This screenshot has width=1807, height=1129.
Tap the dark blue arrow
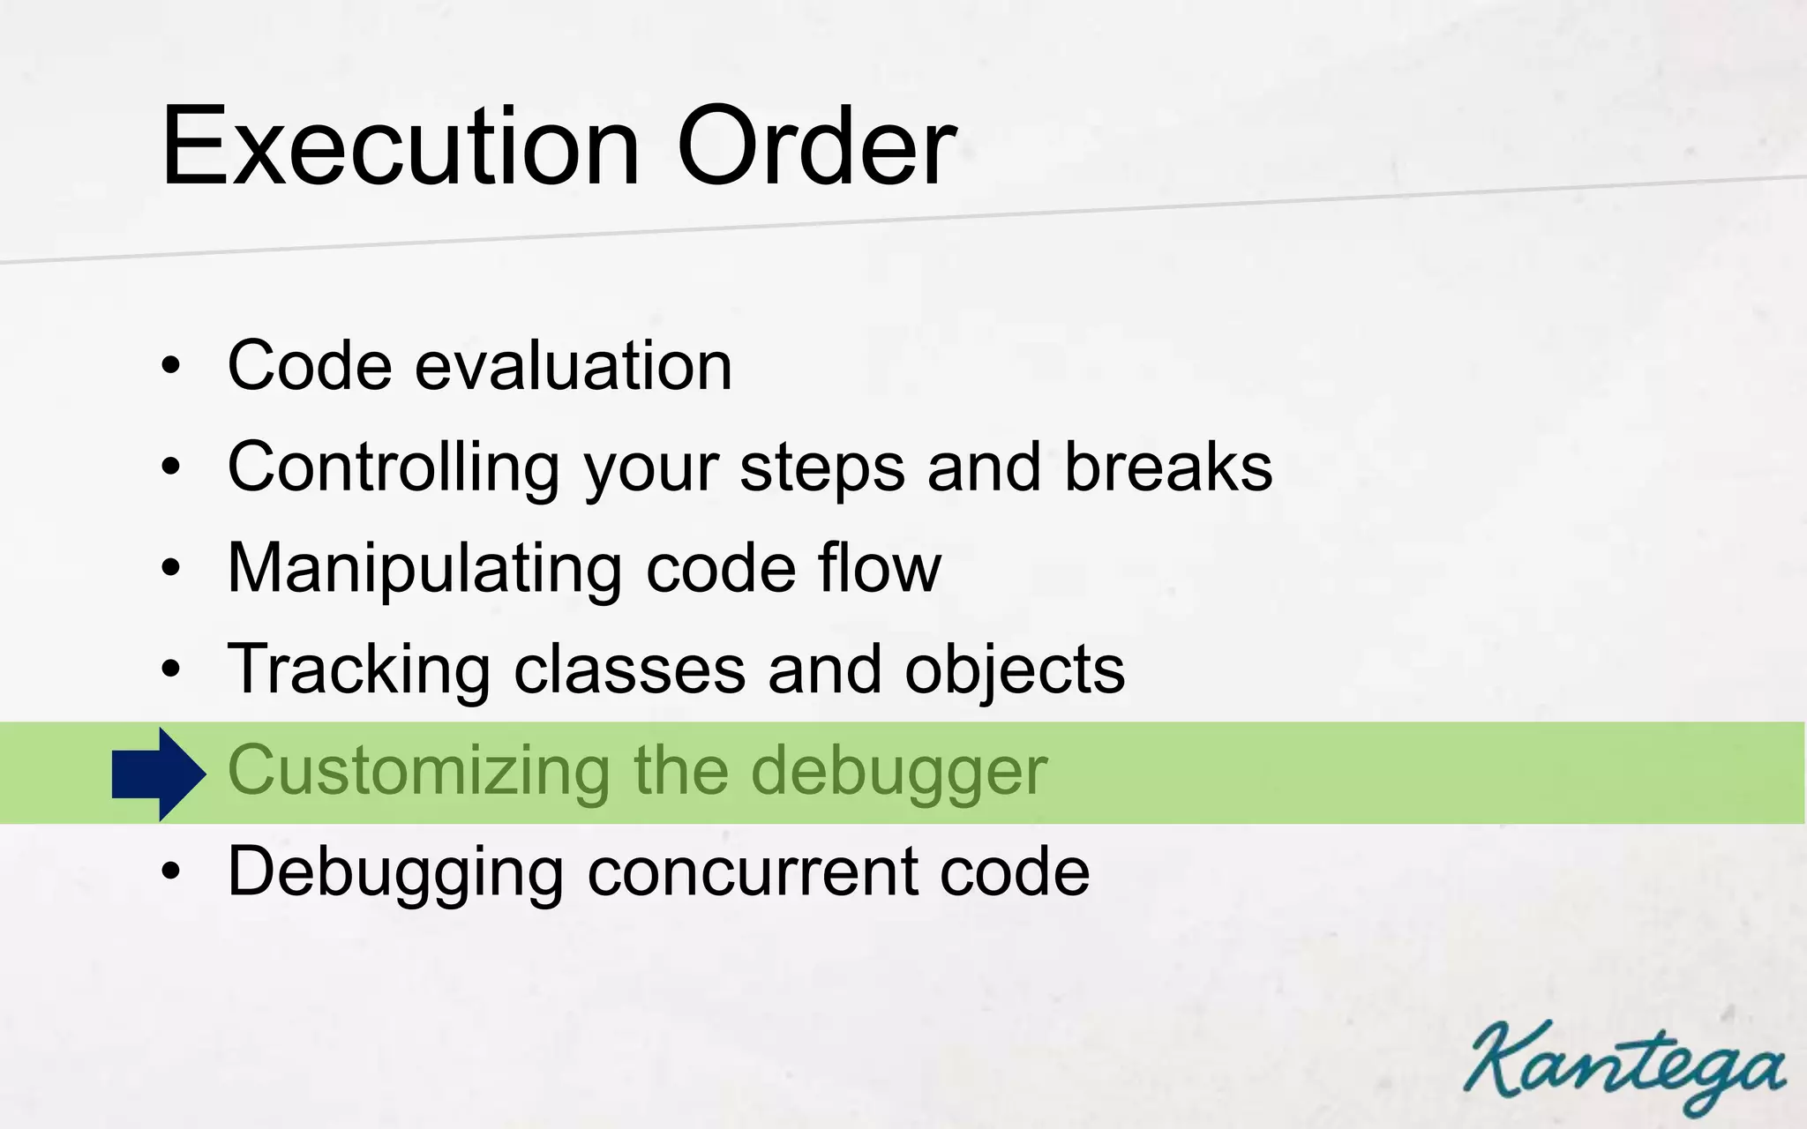tap(159, 774)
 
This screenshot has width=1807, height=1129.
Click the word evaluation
tap(574, 365)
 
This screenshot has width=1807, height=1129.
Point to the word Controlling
tap(394, 467)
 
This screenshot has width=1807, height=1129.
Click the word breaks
tap(1168, 467)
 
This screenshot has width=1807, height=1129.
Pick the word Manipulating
tap(424, 568)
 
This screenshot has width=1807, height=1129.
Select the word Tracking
tap(358, 669)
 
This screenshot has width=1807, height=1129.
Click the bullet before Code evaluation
tap(171, 365)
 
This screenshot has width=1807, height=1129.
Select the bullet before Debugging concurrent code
tap(171, 871)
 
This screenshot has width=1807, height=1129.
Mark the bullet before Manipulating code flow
tap(171, 568)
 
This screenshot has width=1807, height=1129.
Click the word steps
tap(821, 468)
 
